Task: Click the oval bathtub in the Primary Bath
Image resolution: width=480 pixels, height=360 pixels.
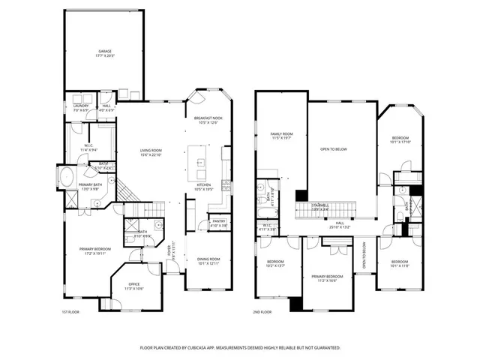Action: pyautogui.click(x=64, y=179)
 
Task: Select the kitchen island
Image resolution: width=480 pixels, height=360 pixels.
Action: pyautogui.click(x=200, y=162)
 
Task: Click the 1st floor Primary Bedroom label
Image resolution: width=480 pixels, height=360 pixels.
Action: pyautogui.click(x=96, y=250)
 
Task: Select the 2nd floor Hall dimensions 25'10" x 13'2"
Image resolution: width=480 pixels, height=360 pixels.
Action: pyautogui.click(x=340, y=226)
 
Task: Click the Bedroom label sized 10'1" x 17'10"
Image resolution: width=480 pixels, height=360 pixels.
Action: pyautogui.click(x=400, y=139)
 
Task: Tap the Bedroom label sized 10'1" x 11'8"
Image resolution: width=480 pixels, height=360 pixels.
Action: pyautogui.click(x=400, y=263)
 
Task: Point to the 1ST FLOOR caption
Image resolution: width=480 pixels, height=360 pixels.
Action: pyautogui.click(x=70, y=311)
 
